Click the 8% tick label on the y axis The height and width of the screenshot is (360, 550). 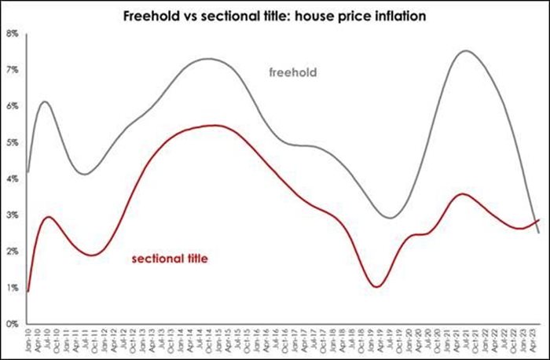click(13, 34)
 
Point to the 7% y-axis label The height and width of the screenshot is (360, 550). click(13, 70)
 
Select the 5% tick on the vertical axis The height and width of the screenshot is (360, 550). click(13, 142)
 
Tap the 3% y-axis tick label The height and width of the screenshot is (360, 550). click(13, 215)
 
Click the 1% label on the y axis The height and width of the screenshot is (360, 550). click(13, 287)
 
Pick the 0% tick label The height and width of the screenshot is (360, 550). click(13, 323)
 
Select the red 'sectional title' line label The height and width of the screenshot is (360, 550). click(169, 258)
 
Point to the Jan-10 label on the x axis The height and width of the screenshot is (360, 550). click(29, 340)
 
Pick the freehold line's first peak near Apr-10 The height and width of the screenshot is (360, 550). click(45, 101)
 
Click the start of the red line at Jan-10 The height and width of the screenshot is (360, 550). click(28, 291)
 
